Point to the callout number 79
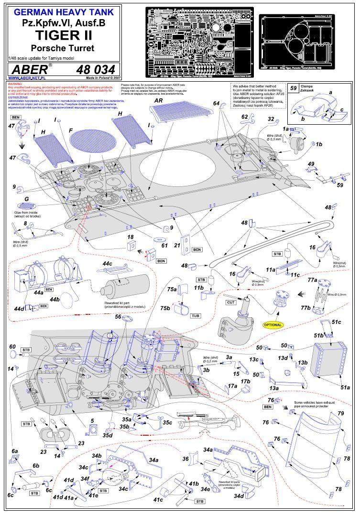pos(341,413)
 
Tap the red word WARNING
pos(15,84)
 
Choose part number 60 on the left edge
pos(12,346)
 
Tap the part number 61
pos(164,245)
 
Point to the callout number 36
pos(186,459)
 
